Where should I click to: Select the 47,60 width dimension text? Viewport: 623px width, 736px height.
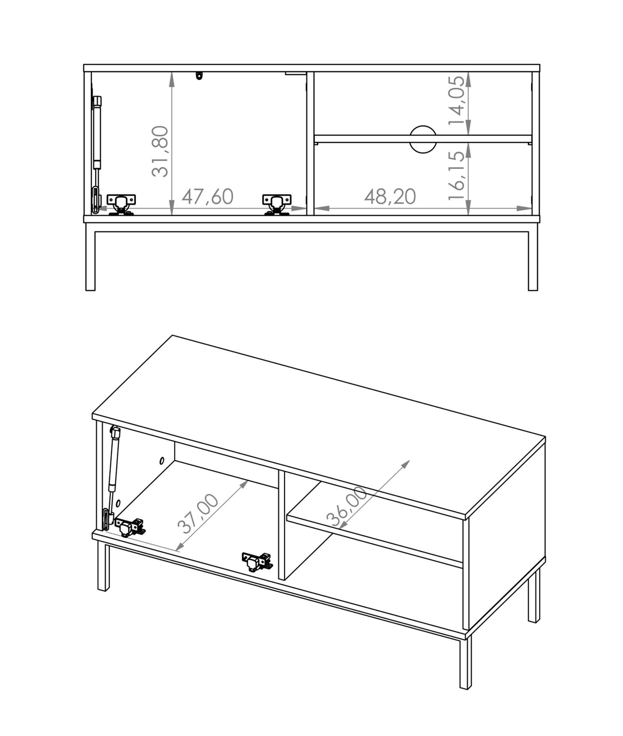[208, 197]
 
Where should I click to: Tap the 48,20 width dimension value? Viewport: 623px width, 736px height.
[390, 197]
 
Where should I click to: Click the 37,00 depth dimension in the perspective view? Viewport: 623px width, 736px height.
[198, 514]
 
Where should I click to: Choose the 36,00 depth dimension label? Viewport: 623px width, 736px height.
[347, 506]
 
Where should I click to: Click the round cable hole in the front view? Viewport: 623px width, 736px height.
[423, 139]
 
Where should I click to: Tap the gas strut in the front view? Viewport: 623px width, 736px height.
[96, 155]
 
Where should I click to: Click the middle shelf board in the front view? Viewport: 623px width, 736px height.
[423, 139]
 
